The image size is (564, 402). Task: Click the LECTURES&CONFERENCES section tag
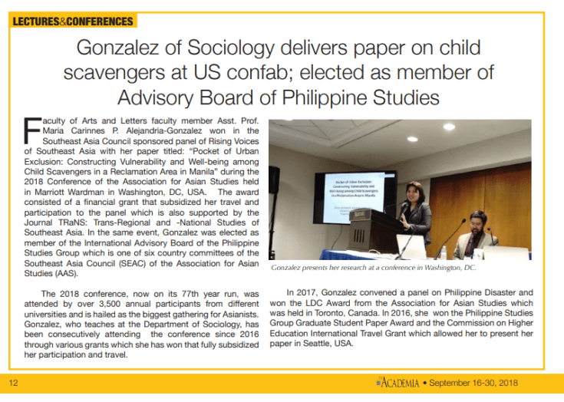[x=73, y=21]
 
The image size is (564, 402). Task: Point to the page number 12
[x=14, y=382]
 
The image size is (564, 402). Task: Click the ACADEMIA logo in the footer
[x=397, y=382]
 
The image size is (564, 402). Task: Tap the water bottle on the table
[x=444, y=252]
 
